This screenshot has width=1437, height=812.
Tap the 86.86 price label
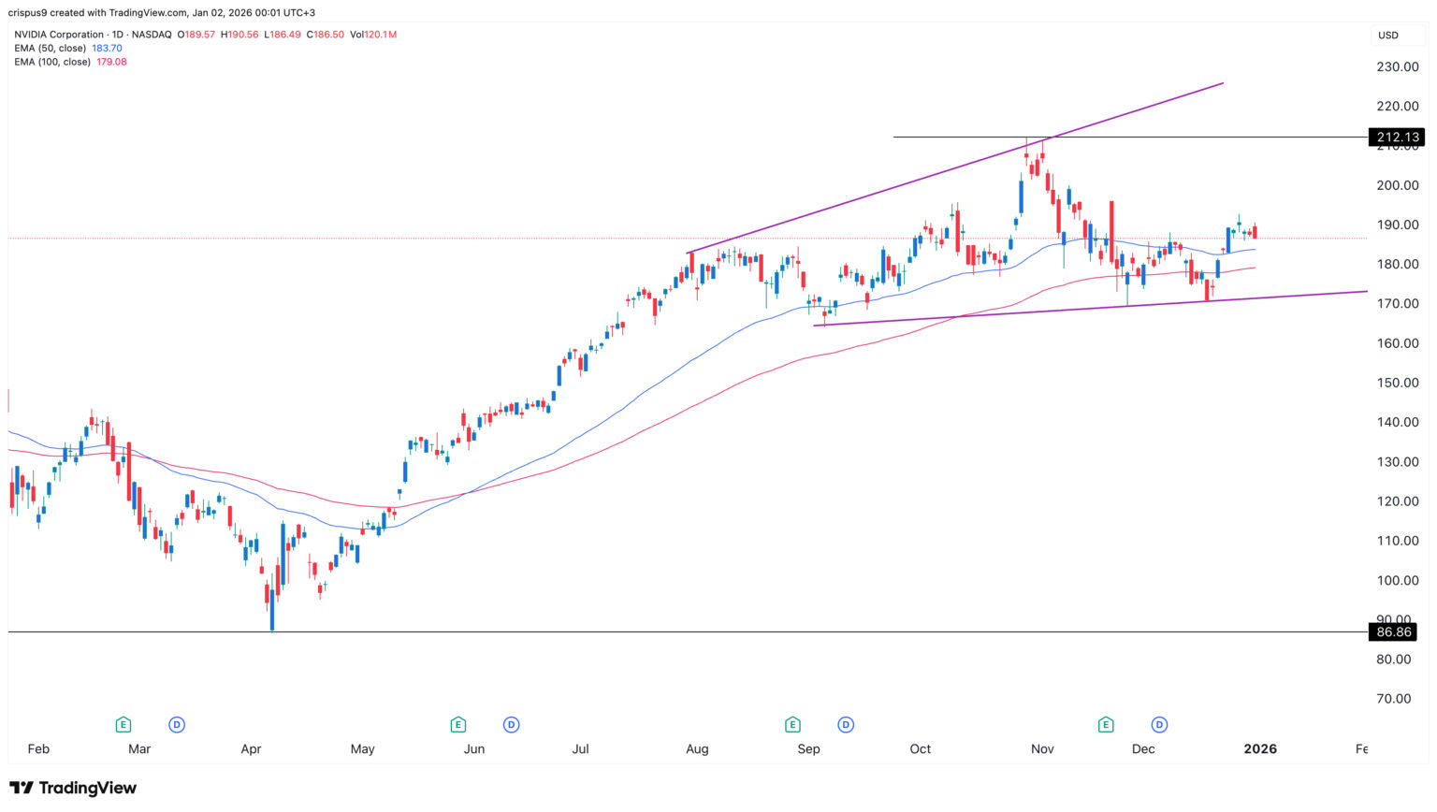coord(1394,632)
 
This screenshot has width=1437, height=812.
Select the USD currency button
coord(1387,36)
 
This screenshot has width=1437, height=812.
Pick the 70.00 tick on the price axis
coord(1392,699)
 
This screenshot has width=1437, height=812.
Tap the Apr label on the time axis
coord(251,749)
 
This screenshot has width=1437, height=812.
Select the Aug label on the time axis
coord(697,749)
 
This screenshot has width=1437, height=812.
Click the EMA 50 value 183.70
coord(107,49)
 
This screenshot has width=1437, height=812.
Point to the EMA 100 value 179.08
coord(111,62)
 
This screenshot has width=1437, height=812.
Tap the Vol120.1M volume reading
coord(373,35)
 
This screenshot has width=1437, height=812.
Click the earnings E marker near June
coord(457,725)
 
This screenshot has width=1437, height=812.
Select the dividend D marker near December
coord(1160,725)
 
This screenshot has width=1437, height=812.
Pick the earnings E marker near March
coord(123,725)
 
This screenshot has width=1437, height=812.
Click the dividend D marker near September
coord(846,725)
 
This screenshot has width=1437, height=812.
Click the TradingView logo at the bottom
coord(73,789)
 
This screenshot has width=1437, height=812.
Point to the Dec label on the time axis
coord(1143,749)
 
